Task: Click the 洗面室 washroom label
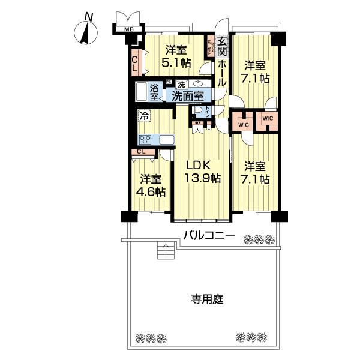click(187, 95)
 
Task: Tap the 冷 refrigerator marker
click(145, 116)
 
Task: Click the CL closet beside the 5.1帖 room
click(135, 62)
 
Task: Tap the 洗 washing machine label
click(181, 84)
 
